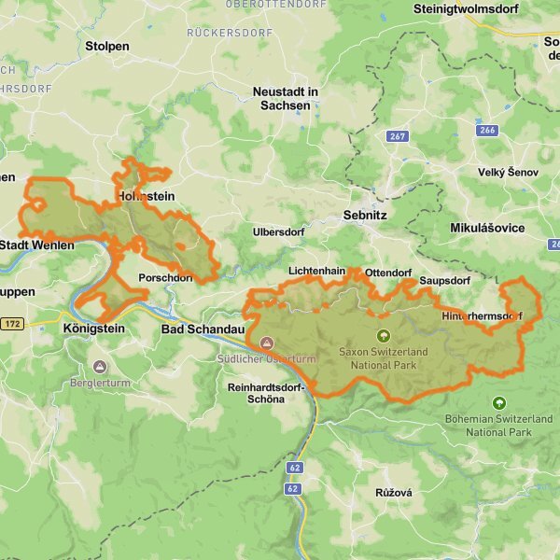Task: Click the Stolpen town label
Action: pos(107,45)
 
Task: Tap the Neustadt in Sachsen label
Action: pos(286,99)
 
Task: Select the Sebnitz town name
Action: pos(365,214)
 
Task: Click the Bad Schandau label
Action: pos(203,329)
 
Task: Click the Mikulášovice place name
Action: pos(486,228)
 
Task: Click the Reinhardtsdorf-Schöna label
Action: pos(266,393)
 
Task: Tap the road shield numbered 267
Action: pos(398,136)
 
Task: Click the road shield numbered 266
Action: pos(486,130)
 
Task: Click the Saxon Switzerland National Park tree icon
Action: pos(382,335)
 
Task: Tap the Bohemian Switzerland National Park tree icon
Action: pos(499,403)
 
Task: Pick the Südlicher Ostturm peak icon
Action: pos(268,343)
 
